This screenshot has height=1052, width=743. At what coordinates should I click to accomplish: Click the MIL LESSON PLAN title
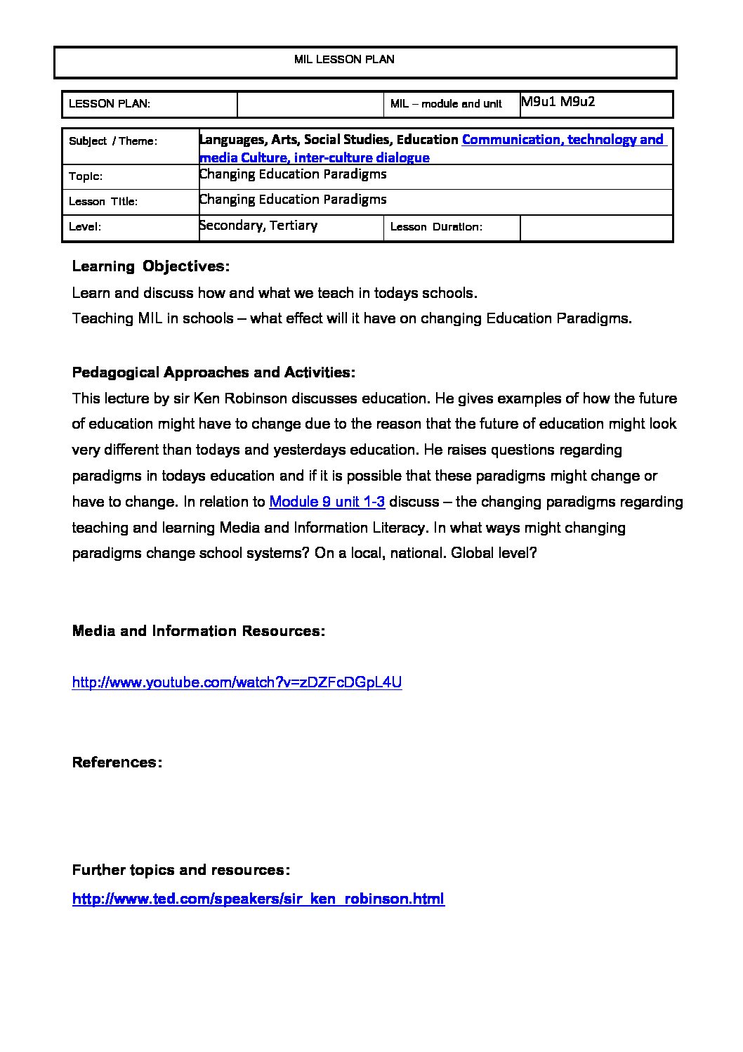click(344, 60)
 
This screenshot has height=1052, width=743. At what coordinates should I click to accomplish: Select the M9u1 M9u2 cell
click(558, 101)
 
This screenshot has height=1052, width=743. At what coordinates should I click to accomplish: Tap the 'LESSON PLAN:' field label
click(110, 104)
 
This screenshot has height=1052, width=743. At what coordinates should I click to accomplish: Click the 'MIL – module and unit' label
click(446, 104)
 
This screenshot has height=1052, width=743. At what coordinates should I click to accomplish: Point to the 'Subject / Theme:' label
click(113, 141)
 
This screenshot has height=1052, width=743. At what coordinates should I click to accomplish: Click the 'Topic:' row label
click(86, 176)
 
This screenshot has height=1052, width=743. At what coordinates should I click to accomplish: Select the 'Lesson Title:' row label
click(103, 202)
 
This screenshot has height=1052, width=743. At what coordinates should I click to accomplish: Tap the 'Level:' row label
click(85, 227)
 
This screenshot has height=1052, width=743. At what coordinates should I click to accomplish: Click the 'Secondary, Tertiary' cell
click(258, 226)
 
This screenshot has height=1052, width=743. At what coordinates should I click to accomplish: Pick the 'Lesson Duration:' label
click(436, 227)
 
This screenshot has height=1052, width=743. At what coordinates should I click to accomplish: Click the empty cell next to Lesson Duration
click(596, 228)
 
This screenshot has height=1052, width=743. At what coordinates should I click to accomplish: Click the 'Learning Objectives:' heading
click(151, 266)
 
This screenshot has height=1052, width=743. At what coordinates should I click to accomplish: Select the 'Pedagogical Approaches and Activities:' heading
click(213, 372)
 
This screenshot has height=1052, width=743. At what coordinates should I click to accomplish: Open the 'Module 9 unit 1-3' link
click(327, 502)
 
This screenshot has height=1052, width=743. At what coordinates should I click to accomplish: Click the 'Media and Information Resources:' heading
click(199, 631)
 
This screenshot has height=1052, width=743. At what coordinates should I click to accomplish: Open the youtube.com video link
click(237, 682)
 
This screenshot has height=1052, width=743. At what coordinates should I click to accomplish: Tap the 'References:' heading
click(117, 762)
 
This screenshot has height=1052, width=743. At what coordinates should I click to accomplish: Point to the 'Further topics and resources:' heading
click(181, 870)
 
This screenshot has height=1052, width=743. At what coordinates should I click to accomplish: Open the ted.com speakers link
click(258, 899)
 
